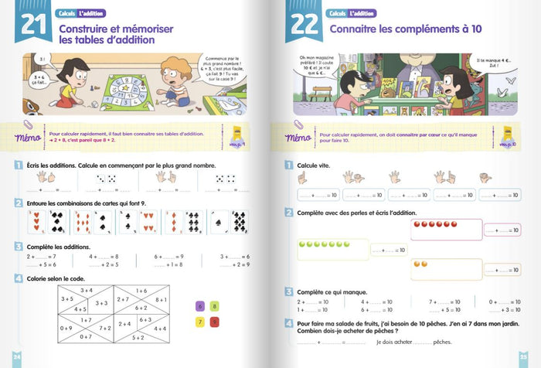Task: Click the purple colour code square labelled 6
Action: coord(200,306)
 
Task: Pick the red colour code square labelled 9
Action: coord(215,321)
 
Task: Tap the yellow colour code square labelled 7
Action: coord(200,321)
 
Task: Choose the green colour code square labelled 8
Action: coord(215,306)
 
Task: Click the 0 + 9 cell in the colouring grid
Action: coord(66,328)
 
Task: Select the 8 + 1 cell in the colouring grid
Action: coord(161,299)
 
